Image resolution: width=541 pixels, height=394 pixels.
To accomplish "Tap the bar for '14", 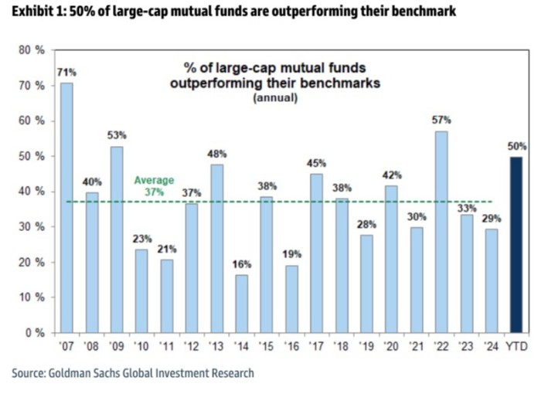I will click(x=241, y=304).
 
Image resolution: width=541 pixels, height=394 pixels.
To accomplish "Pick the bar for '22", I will click(x=441, y=232).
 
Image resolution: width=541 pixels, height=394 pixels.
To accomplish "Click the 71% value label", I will click(x=66, y=72).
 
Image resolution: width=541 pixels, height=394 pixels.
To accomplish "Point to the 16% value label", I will click(x=241, y=264).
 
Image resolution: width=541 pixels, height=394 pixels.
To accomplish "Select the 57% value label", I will click(x=441, y=120).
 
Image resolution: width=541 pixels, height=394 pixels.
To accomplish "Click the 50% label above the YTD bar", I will click(x=516, y=146).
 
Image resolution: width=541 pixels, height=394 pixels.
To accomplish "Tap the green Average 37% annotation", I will click(x=155, y=185).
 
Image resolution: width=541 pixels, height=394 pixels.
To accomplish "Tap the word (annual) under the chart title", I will click(x=274, y=98).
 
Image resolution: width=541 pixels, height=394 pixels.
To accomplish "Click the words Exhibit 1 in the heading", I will click(x=33, y=12).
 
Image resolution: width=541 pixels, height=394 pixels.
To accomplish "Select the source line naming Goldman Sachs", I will click(x=133, y=373).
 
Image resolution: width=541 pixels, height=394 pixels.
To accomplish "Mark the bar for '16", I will click(x=291, y=299).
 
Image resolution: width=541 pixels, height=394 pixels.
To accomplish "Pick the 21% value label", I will click(x=166, y=249).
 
